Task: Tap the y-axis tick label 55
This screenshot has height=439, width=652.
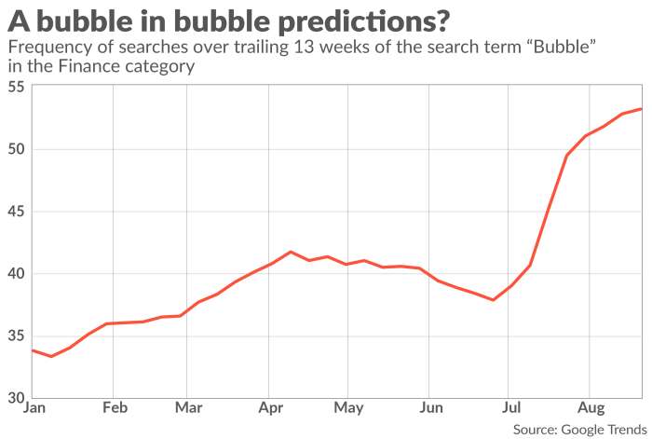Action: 16,87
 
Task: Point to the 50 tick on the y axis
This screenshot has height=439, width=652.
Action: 16,149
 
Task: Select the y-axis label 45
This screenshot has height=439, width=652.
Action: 16,212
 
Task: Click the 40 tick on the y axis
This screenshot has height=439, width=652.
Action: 16,274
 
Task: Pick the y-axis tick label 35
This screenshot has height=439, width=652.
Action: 16,336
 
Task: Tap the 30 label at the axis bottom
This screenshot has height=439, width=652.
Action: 16,398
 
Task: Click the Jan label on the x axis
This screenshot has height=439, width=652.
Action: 33,408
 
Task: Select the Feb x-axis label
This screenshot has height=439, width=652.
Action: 113,408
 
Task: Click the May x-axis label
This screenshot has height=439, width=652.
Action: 347,408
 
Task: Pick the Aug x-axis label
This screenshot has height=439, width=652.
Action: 589,408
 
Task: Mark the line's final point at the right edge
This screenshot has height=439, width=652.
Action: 641,109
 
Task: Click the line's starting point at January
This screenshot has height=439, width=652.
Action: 33,350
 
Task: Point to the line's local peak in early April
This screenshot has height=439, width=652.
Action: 291,252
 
